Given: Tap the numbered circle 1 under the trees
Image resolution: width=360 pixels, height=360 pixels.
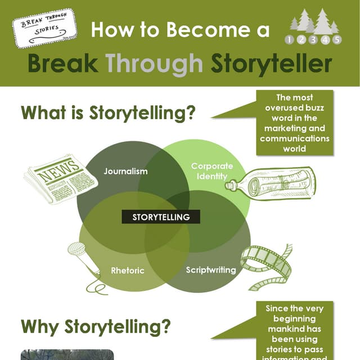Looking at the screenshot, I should (x=290, y=40).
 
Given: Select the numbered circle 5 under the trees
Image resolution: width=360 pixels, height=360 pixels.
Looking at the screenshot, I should (x=336, y=40).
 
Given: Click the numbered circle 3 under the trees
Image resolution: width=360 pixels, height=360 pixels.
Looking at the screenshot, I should (x=313, y=40).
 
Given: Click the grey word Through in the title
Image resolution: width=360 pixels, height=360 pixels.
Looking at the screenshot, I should (x=154, y=64).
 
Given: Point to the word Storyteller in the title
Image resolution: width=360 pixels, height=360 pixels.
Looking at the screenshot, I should (x=271, y=64).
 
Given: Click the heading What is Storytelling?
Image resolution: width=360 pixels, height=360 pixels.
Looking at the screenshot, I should (x=108, y=112).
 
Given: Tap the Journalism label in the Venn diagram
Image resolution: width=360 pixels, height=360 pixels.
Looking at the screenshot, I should (x=125, y=171).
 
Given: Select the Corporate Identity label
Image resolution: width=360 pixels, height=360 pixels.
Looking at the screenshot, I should (x=211, y=171).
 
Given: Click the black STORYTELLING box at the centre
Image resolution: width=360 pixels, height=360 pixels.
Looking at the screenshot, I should (x=161, y=217).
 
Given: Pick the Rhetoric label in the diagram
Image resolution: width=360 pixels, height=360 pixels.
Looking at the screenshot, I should (x=127, y=270).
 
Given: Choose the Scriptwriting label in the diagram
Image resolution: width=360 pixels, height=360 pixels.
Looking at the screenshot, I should (x=211, y=270).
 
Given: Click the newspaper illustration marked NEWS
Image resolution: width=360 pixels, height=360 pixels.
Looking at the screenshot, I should (x=55, y=178).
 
